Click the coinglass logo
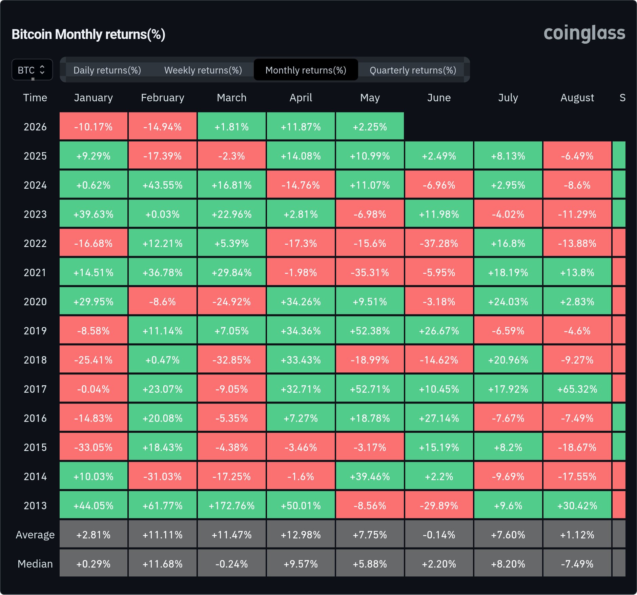coord(584,34)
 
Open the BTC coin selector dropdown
coord(32,70)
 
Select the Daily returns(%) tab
coord(107,70)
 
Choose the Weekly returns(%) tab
coord(203,70)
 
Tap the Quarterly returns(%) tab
coord(413,70)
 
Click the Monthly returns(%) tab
coord(306,70)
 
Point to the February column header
coord(163,98)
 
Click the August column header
coord(577,98)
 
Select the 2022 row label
coord(35,243)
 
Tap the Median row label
coord(35,564)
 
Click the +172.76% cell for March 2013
coord(232,506)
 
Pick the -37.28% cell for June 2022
coord(439,243)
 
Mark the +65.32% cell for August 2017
coord(577,389)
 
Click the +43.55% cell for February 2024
coord(163,185)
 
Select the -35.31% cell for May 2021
coord(370,272)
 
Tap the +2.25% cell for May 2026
coord(370,127)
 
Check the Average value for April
coord(301,535)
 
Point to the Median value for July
coord(508,564)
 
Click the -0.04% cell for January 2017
coord(94,389)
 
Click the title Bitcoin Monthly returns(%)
coord(88,34)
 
